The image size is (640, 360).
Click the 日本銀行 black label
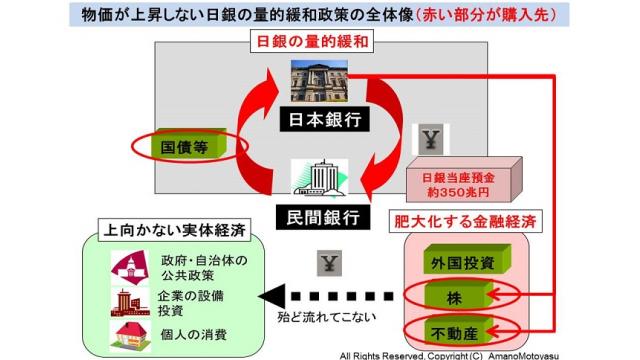pyautogui.click(x=319, y=119)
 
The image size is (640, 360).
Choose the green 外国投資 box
pyautogui.click(x=450, y=264)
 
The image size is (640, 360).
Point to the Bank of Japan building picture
pyautogui.click(x=319, y=84)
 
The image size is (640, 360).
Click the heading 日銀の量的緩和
pyautogui.click(x=320, y=44)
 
